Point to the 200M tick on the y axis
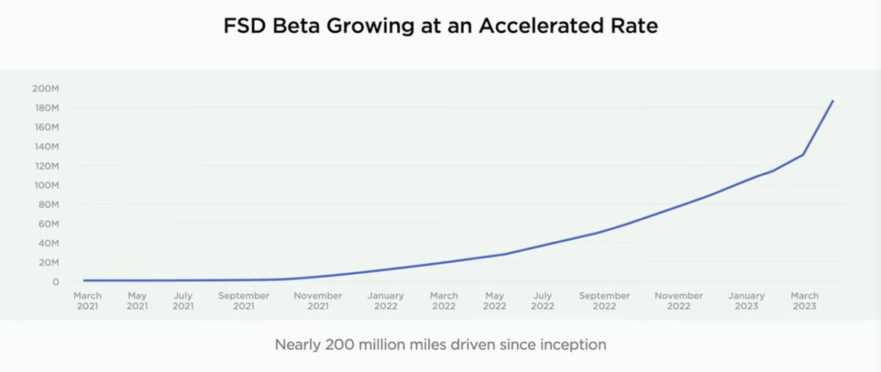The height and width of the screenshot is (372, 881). click(40, 89)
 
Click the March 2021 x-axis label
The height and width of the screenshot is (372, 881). click(87, 301)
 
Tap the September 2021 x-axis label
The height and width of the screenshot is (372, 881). click(244, 301)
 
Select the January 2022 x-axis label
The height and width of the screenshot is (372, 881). click(385, 301)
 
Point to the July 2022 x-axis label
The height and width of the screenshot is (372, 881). click(542, 301)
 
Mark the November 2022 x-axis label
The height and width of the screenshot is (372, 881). click(678, 301)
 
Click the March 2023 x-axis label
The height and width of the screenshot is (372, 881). click(805, 301)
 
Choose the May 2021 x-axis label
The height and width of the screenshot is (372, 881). click(137, 301)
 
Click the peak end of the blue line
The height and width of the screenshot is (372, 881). click(833, 101)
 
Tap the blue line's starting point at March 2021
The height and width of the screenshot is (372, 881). click(84, 280)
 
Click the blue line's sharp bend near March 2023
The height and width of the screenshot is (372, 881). click(803, 154)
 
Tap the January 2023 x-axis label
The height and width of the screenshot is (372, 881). click(747, 301)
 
